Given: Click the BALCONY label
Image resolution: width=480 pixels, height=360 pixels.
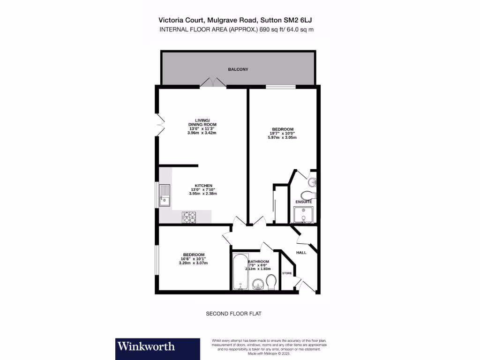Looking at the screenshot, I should pyautogui.click(x=238, y=69).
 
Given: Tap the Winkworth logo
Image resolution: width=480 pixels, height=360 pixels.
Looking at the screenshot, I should pyautogui.click(x=146, y=346).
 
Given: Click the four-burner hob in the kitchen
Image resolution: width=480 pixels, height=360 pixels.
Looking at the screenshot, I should pyautogui.click(x=190, y=217).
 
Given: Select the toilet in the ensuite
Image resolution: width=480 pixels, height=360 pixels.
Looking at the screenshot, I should pyautogui.click(x=308, y=195).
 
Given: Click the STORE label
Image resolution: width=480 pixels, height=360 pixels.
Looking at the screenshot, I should pyautogui.click(x=287, y=273).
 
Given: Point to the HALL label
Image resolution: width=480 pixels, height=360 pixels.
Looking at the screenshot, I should pyautogui.click(x=301, y=252).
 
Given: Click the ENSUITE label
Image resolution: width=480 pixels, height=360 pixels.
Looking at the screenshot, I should pyautogui.click(x=303, y=202).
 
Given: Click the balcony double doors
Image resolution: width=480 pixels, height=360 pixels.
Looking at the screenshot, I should pyautogui.click(x=213, y=83).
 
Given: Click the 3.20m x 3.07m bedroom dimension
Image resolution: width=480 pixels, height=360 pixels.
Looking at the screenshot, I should pyautogui.click(x=193, y=263).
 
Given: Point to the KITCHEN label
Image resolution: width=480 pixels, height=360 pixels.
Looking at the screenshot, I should pyautogui.click(x=204, y=185).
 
